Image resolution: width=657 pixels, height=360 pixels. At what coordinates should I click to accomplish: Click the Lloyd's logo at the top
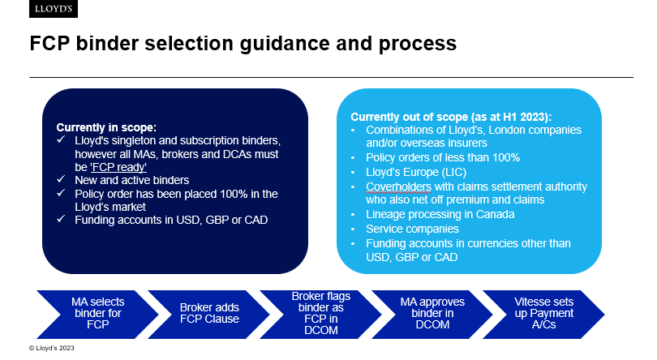54,9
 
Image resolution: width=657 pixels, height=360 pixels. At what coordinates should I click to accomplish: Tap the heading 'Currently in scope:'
106,127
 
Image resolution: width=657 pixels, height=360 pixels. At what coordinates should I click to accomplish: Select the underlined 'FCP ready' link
118,167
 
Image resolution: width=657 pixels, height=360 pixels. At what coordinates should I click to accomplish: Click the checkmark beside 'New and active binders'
61,179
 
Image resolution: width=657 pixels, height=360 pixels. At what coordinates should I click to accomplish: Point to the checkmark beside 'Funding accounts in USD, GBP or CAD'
61,219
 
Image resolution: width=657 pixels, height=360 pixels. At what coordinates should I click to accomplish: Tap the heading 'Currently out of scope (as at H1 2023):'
451,117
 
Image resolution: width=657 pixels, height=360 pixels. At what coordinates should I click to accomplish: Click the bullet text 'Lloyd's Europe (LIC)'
416,172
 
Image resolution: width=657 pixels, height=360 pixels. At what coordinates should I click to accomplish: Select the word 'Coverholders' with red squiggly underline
398,187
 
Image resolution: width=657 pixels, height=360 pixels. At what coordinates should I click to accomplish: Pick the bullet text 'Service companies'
412,229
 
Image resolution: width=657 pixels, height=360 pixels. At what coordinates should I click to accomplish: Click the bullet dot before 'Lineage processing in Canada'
353,215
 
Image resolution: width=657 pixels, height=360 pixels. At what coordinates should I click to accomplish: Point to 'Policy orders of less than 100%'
443,157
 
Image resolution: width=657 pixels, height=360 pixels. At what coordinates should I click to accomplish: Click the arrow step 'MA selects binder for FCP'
97,315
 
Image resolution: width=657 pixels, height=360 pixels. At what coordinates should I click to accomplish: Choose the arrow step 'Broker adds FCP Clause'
209,315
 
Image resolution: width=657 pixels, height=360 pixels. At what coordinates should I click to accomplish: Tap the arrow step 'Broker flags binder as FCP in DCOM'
321,315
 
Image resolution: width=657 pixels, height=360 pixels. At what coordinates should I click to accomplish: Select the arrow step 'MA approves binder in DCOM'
432,315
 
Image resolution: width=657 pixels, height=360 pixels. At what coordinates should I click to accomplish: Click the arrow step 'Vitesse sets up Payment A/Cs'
544,315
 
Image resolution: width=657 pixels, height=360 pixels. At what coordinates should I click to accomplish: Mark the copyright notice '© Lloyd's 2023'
52,348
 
